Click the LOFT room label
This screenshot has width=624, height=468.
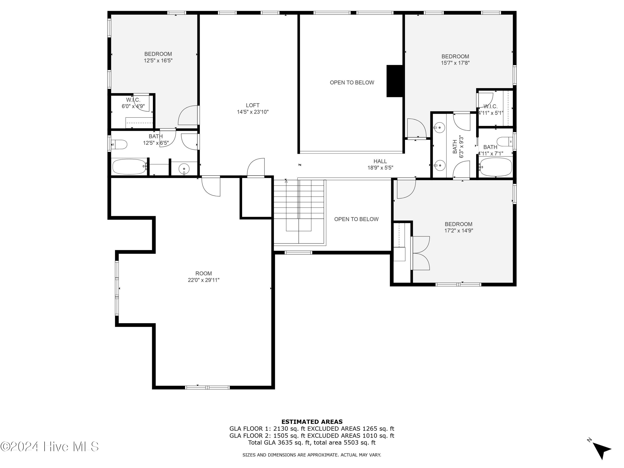[253, 105]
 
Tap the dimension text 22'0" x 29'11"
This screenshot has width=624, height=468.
[203, 280]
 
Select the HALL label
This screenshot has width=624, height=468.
[380, 161]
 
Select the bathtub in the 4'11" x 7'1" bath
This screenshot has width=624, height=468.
[496, 167]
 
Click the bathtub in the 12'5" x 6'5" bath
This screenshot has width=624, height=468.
[129, 167]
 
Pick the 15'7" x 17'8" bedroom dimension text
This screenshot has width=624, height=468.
[455, 63]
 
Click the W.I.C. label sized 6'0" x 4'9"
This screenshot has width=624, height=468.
[133, 100]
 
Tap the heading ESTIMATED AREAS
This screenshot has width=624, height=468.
[312, 422]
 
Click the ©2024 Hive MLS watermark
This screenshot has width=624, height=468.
[50, 447]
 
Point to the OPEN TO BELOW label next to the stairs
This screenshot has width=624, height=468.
[356, 219]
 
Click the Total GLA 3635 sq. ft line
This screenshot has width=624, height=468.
[312, 442]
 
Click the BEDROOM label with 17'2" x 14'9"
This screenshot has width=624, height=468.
[458, 224]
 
